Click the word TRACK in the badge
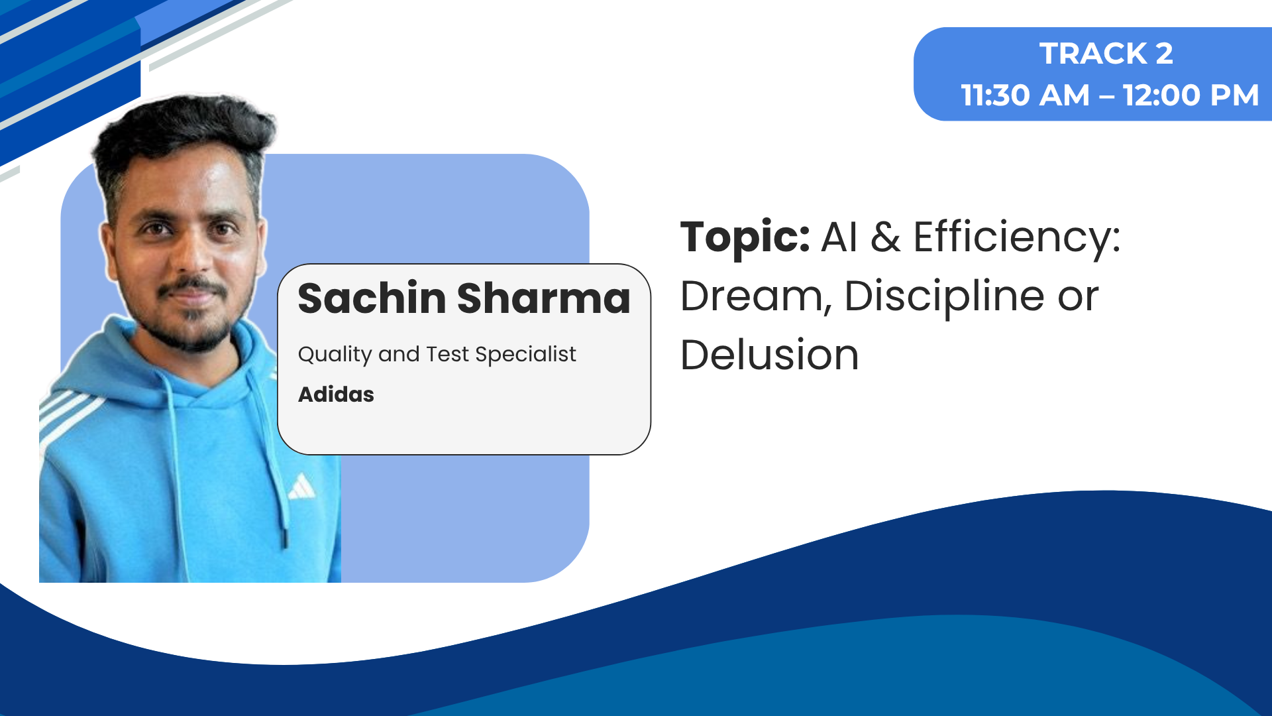[1093, 54]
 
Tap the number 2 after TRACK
[1164, 54]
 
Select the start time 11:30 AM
[1025, 95]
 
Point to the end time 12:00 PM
[1191, 95]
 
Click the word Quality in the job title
[335, 355]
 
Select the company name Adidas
[336, 394]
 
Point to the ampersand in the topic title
[886, 237]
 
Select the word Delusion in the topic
[770, 355]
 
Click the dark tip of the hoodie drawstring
[285, 537]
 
